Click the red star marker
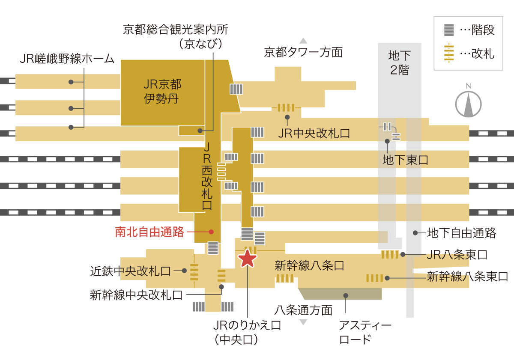(x=247, y=259)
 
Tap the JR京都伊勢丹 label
(x=162, y=91)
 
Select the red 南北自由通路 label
(x=149, y=232)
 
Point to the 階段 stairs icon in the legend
(x=449, y=30)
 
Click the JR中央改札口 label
(x=314, y=133)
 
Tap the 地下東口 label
(x=406, y=160)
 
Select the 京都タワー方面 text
(x=303, y=52)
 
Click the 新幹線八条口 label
(x=309, y=266)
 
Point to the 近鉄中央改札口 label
(x=130, y=271)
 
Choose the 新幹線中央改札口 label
(x=136, y=295)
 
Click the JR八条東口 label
(x=457, y=255)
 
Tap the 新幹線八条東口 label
(x=467, y=276)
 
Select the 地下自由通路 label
(x=461, y=233)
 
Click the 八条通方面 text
(x=303, y=310)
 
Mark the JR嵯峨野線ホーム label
(x=67, y=59)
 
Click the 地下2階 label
(x=400, y=63)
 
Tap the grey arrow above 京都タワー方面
(x=303, y=41)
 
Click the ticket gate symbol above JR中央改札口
(x=286, y=107)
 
